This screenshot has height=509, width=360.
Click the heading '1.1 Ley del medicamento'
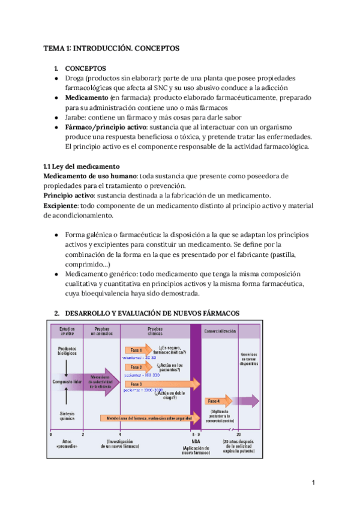[x=82, y=166]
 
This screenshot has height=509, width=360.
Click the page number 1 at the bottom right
[x=313, y=483]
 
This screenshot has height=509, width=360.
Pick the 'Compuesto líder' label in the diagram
[x=67, y=381]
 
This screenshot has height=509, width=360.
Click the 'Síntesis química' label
[x=67, y=415]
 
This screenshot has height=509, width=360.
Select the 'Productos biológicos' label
[x=67, y=352]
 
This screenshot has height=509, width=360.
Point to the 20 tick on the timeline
[x=239, y=434]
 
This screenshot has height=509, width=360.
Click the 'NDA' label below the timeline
[x=196, y=442]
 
